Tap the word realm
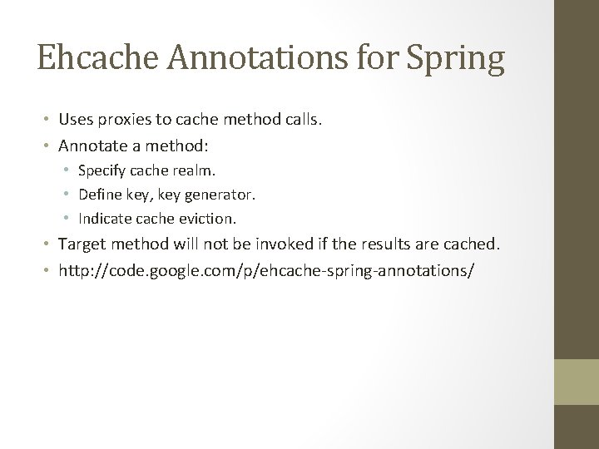click(x=196, y=171)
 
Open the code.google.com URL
click(x=265, y=270)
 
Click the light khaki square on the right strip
click(x=577, y=382)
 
